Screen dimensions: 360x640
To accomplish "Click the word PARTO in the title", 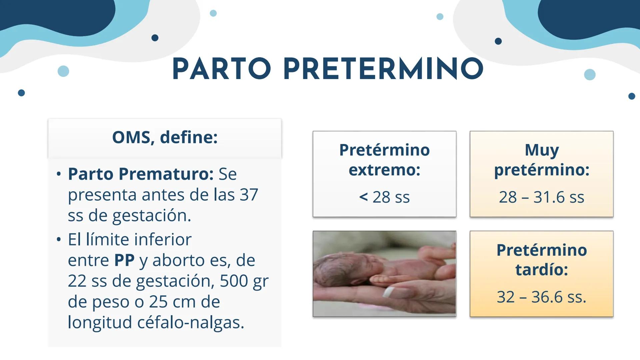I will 221,69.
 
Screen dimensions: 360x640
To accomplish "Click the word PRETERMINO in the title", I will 383,69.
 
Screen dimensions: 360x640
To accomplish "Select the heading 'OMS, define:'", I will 165,137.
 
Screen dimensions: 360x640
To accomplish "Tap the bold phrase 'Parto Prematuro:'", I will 140,174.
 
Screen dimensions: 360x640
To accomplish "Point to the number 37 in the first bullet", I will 249,195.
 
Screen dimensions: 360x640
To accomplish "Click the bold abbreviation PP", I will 124,260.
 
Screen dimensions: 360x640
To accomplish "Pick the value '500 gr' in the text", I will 244,281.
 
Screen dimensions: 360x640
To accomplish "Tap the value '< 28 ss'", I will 384,197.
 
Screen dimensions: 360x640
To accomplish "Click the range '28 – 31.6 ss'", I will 541,197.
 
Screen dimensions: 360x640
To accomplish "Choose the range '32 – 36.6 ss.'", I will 541,297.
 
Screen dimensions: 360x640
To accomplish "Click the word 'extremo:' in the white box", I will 384,170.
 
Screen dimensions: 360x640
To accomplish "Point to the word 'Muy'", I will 542,150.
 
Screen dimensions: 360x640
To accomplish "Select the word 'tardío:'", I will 542,269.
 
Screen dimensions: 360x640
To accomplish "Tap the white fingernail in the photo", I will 389,293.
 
